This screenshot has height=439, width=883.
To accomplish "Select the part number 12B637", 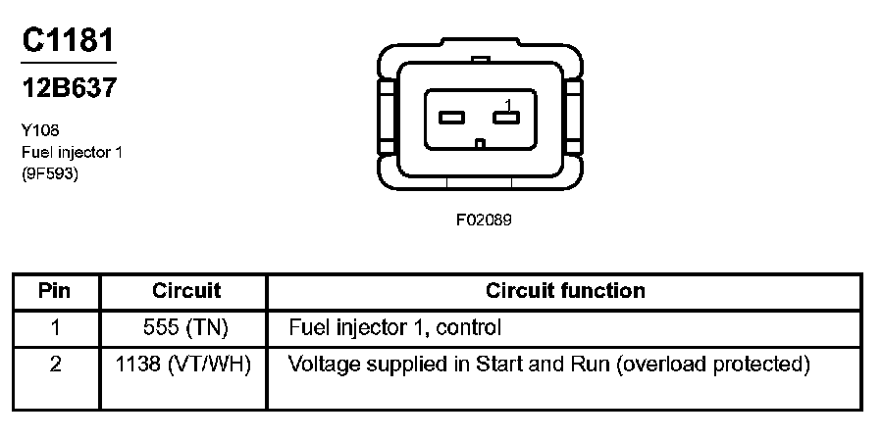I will point(69,88).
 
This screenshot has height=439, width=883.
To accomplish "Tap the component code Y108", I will point(40,128).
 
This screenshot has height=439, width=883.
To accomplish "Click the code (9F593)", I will point(49,174).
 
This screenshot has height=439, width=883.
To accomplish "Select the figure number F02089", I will point(484,220).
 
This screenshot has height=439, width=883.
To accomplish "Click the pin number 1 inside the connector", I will point(508,104).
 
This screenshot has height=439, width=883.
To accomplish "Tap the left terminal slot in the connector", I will point(451,119).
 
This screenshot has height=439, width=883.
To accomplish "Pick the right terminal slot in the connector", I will point(506,119).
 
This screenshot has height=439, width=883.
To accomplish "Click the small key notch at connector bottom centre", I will point(479,144).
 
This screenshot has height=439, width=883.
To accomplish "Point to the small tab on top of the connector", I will point(480,61).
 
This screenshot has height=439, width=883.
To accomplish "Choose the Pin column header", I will point(55,291).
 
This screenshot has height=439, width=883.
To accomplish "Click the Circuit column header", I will point(186,291).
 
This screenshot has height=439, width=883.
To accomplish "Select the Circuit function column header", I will point(565,291).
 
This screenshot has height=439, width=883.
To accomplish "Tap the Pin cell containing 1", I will point(55,327).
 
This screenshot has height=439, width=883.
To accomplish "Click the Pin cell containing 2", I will point(55,365).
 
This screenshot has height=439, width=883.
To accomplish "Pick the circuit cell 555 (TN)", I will point(186,327).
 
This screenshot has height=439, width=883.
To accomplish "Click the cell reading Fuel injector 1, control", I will point(395,327).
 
